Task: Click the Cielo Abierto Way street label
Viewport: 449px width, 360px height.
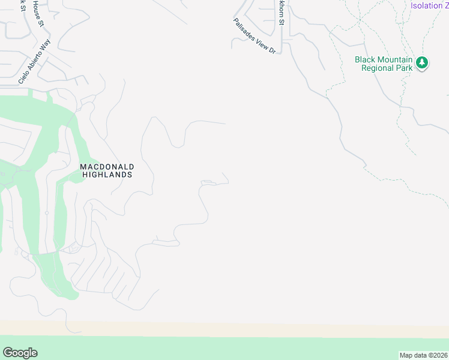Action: pyautogui.click(x=35, y=62)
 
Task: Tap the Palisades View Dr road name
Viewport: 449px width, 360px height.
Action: pyautogui.click(x=254, y=36)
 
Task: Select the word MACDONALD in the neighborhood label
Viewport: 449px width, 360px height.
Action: pyautogui.click(x=107, y=166)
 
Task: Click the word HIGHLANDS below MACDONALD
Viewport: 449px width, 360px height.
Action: pyautogui.click(x=107, y=175)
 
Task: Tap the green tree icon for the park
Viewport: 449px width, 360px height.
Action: pyautogui.click(x=423, y=62)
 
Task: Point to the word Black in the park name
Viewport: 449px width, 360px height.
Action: pyautogui.click(x=366, y=59)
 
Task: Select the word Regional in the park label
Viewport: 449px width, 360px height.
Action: pyautogui.click(x=378, y=68)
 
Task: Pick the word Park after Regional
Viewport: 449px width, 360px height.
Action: pyautogui.click(x=404, y=68)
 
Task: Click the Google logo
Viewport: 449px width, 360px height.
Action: pyautogui.click(x=20, y=353)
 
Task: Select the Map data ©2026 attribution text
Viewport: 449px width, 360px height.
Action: pyautogui.click(x=423, y=355)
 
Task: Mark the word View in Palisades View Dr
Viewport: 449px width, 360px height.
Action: pyautogui.click(x=261, y=43)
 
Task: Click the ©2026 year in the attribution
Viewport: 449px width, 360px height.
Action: pyautogui.click(x=436, y=355)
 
